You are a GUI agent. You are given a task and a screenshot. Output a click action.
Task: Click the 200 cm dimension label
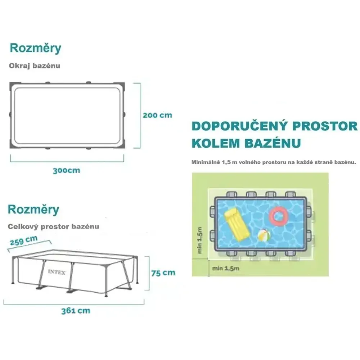point(157,115)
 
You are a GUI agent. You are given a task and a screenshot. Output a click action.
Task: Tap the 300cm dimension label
point(66,171)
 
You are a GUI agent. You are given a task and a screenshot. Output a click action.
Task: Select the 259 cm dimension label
point(24,240)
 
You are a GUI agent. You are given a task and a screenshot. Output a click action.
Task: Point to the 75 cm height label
point(163,273)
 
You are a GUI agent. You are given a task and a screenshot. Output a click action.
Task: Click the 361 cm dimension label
point(76,311)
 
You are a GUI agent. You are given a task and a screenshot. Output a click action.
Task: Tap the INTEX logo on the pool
point(57,272)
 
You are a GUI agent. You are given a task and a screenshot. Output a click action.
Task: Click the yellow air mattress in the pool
point(237,225)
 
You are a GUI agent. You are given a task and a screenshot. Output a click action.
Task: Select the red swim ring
point(279,216)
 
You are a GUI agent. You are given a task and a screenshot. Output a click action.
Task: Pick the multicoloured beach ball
point(264,235)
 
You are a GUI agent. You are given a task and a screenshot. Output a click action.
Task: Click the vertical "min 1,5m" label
point(199,240)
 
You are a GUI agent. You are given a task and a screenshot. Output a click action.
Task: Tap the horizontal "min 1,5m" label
point(225,268)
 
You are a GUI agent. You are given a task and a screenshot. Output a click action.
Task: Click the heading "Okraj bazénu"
point(35,66)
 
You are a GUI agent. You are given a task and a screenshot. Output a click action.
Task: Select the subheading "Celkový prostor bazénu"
point(53,226)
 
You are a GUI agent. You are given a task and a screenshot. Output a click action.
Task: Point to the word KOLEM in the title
point(216,143)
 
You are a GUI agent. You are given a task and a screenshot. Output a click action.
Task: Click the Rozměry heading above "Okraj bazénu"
point(35,49)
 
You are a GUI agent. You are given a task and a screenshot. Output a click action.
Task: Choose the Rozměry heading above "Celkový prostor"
point(33,210)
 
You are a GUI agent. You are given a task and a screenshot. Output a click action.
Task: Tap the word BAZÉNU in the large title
point(273,143)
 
